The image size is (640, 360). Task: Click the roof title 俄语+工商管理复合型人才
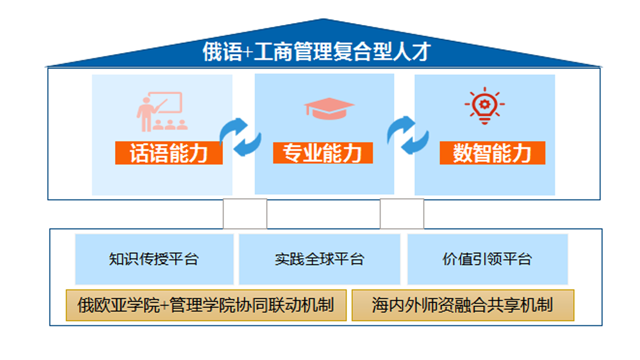(316, 51)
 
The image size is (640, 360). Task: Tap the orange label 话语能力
(169, 153)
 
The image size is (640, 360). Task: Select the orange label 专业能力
(323, 153)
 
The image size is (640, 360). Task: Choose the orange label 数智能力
(492, 153)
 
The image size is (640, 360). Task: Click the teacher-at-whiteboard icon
(161, 111)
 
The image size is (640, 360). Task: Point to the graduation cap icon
(329, 108)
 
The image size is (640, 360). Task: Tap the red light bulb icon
(484, 106)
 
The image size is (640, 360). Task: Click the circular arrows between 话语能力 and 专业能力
(240, 137)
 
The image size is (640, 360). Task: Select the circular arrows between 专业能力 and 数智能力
(408, 135)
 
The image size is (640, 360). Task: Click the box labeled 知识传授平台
(154, 259)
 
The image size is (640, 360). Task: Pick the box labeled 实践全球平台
(319, 259)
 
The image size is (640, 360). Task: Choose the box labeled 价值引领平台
(487, 259)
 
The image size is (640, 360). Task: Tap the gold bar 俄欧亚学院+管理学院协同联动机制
(206, 305)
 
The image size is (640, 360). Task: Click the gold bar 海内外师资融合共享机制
(463, 305)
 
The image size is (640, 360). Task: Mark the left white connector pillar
(245, 213)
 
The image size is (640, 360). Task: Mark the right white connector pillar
(402, 213)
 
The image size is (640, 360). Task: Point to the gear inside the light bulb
(484, 104)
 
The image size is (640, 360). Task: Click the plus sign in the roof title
(248, 52)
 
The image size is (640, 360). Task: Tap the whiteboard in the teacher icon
(165, 102)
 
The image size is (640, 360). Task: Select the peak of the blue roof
(323, 19)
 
